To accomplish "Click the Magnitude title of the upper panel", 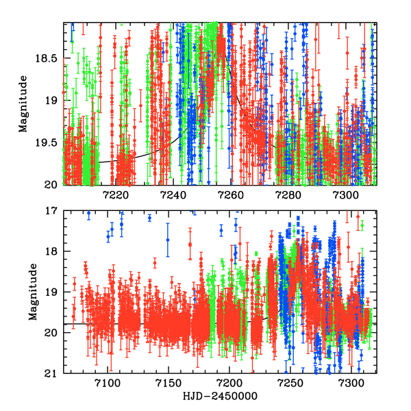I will [x=23, y=103].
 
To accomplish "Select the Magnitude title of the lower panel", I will [x=32, y=292].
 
